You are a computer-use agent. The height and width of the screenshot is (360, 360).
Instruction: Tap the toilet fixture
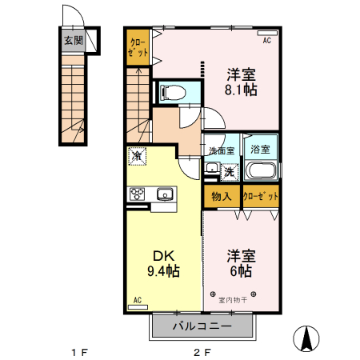(x=170, y=92)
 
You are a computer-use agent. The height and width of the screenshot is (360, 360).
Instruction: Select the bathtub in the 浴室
(x=261, y=170)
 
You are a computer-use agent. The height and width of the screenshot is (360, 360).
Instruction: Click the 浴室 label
(x=260, y=149)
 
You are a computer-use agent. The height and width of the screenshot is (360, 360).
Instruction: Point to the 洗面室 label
(x=222, y=150)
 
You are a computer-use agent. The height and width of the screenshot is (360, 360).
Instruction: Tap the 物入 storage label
(x=222, y=197)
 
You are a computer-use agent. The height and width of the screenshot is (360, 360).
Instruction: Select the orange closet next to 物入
(x=261, y=197)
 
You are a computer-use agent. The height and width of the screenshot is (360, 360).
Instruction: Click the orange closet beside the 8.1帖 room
(x=138, y=47)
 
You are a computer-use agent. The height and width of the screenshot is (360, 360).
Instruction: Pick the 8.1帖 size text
(x=241, y=90)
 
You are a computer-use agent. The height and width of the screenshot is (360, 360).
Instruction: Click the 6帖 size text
(x=241, y=271)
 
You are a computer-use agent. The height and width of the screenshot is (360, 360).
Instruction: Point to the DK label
(x=162, y=256)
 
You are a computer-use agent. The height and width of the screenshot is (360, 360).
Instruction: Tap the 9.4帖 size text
(x=163, y=271)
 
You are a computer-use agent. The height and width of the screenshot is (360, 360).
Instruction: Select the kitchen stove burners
(x=137, y=193)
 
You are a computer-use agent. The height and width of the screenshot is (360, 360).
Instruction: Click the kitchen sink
(x=165, y=193)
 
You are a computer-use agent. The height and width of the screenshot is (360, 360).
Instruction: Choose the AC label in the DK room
(x=137, y=300)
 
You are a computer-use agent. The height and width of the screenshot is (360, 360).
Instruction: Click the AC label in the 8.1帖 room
(x=266, y=38)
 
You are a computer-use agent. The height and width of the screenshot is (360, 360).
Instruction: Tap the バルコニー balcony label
(x=202, y=326)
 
